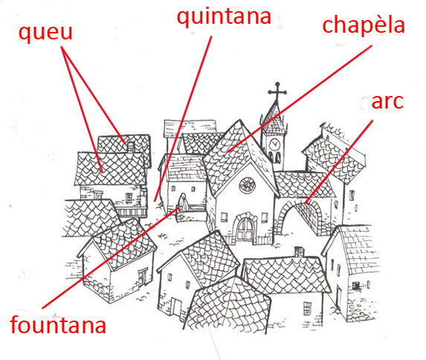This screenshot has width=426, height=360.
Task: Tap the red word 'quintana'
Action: [224, 17]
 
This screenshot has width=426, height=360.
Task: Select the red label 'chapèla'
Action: [364, 25]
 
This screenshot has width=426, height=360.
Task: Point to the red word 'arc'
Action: [387, 102]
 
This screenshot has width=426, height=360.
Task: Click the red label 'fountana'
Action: [58, 325]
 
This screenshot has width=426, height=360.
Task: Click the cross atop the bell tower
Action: [277, 91]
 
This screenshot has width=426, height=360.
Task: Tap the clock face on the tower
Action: [274, 144]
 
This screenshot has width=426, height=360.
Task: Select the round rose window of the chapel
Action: [247, 185]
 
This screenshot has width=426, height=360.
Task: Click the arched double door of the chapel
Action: [245, 229]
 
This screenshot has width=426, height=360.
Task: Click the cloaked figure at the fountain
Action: [183, 202]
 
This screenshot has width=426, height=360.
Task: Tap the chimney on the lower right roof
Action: [299, 252]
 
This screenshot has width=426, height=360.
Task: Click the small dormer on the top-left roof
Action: [131, 147]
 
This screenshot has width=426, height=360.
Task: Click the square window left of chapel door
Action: [224, 217]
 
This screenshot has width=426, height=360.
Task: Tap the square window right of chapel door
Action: [265, 217]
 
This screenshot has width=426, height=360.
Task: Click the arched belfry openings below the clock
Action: [274, 158]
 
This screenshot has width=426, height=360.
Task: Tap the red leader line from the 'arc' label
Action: [338, 161]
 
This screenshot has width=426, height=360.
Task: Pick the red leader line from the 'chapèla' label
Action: [300, 98]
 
